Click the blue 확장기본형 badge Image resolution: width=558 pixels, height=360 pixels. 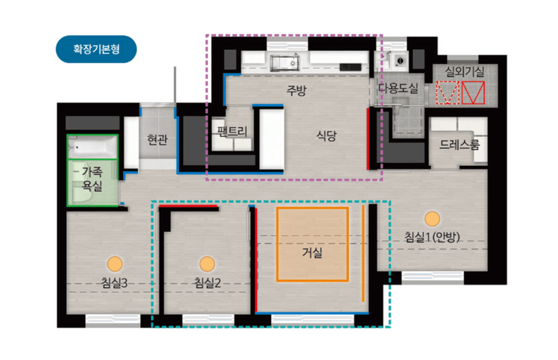point(96,49)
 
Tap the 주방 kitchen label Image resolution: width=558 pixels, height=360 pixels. point(296,91)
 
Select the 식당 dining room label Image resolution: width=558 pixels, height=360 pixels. point(326,136)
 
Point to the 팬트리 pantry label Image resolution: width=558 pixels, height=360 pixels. point(232,131)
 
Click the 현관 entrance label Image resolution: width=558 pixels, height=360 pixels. point(158,139)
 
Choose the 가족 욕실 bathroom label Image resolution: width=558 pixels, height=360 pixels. point(92,179)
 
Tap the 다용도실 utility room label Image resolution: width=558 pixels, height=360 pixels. point(398,88)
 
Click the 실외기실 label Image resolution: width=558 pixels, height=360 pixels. point(464,72)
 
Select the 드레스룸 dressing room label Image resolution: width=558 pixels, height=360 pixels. point(459,144)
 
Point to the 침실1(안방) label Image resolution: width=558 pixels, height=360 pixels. point(432,237)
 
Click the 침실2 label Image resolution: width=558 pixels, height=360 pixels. point(207,283)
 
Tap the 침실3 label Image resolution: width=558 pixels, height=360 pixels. point(114,283)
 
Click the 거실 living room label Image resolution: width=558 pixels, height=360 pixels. point(312,252)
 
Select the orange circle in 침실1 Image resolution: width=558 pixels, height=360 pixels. point(432,219)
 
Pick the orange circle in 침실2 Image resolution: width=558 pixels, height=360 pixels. point(207,264)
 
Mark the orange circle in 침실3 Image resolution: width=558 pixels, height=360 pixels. point(115,264)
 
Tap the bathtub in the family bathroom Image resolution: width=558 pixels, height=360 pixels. point(92,147)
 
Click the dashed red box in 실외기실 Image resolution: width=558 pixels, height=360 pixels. point(448,93)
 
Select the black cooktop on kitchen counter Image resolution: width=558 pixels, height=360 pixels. point(350,67)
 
